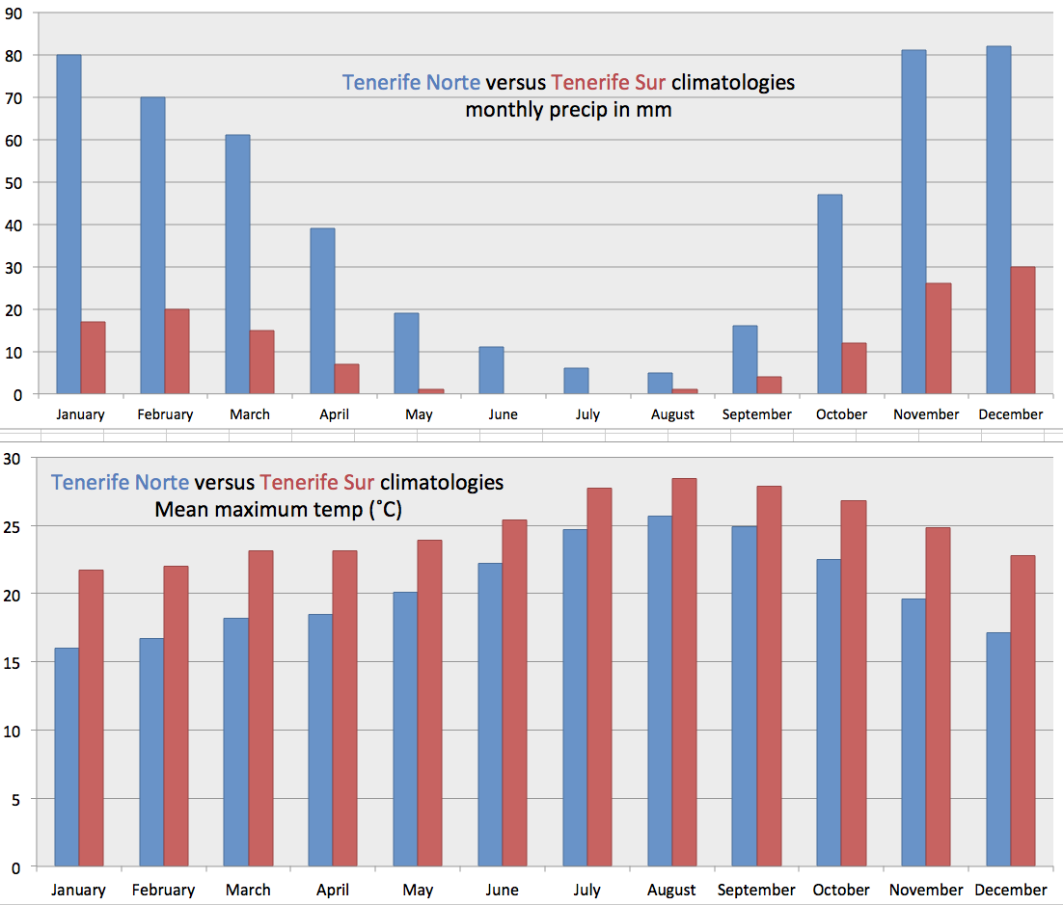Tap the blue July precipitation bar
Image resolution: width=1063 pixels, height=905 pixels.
[576, 381]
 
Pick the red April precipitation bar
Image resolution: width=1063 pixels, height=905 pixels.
[346, 379]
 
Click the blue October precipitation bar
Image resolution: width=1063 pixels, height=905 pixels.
[830, 294]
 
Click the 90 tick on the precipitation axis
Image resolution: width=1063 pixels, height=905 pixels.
[14, 13]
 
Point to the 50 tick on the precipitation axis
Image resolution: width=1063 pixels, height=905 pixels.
[14, 182]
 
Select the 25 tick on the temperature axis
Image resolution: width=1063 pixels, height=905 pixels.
[13, 526]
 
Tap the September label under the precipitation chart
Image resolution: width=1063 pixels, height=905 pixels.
[756, 414]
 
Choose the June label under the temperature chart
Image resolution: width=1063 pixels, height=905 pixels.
[502, 890]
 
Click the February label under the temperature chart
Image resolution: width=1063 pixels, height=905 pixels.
[163, 890]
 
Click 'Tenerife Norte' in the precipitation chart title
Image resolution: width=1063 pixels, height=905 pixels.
[411, 82]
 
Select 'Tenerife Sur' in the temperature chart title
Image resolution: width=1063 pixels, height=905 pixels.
[317, 481]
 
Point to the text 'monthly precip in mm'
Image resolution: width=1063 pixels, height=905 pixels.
[568, 109]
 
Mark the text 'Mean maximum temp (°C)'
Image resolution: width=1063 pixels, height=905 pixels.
[279, 509]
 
